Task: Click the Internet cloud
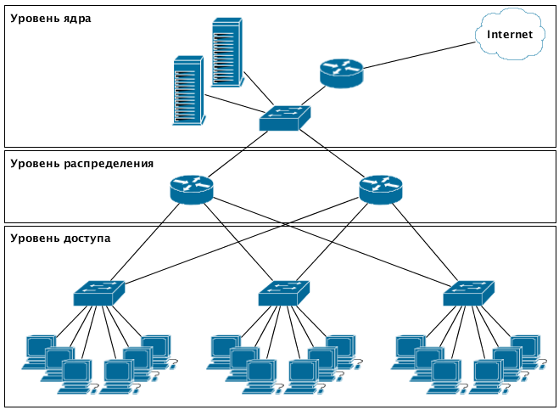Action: (509, 36)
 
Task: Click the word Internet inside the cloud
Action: (509, 35)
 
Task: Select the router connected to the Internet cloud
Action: (341, 73)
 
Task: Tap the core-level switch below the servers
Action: (285, 118)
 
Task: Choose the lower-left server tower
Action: (188, 91)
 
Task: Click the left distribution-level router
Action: (191, 188)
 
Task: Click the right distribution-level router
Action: (380, 188)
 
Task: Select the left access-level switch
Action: (98, 293)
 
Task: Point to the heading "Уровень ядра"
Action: (51, 18)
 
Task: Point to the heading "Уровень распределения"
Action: (81, 163)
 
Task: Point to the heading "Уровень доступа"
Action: (60, 239)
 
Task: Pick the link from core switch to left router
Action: (239, 154)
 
